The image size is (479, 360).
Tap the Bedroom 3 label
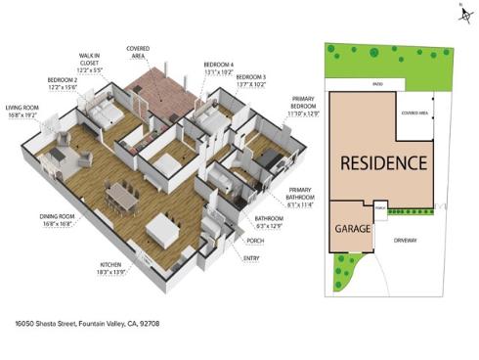[x=250, y=79]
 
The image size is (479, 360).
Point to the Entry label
[x=251, y=258]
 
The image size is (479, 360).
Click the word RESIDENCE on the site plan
[x=382, y=161]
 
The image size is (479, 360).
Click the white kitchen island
[x=160, y=232]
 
